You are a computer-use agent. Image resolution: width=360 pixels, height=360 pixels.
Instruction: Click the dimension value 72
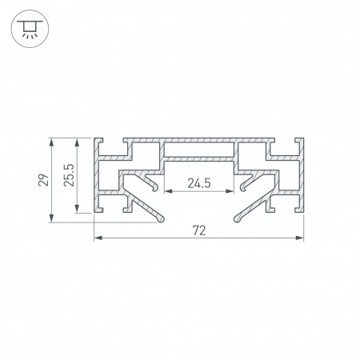(199, 230)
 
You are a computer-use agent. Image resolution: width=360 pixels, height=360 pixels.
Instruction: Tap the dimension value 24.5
(199, 183)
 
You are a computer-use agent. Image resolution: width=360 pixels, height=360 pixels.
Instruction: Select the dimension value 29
(43, 180)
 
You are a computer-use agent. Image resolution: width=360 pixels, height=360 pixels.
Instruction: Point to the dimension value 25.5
(69, 175)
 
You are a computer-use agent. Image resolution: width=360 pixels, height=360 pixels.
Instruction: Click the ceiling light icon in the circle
(30, 29)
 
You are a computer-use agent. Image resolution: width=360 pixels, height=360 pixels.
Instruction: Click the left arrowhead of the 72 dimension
(98, 238)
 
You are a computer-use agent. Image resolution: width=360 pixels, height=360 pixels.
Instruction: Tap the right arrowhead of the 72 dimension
(299, 238)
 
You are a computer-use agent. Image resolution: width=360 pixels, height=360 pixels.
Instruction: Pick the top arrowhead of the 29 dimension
(51, 142)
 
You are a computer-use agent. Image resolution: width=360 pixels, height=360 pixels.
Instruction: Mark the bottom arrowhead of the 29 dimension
(51, 218)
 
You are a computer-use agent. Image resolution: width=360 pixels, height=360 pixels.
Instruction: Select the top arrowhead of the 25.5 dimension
(77, 142)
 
